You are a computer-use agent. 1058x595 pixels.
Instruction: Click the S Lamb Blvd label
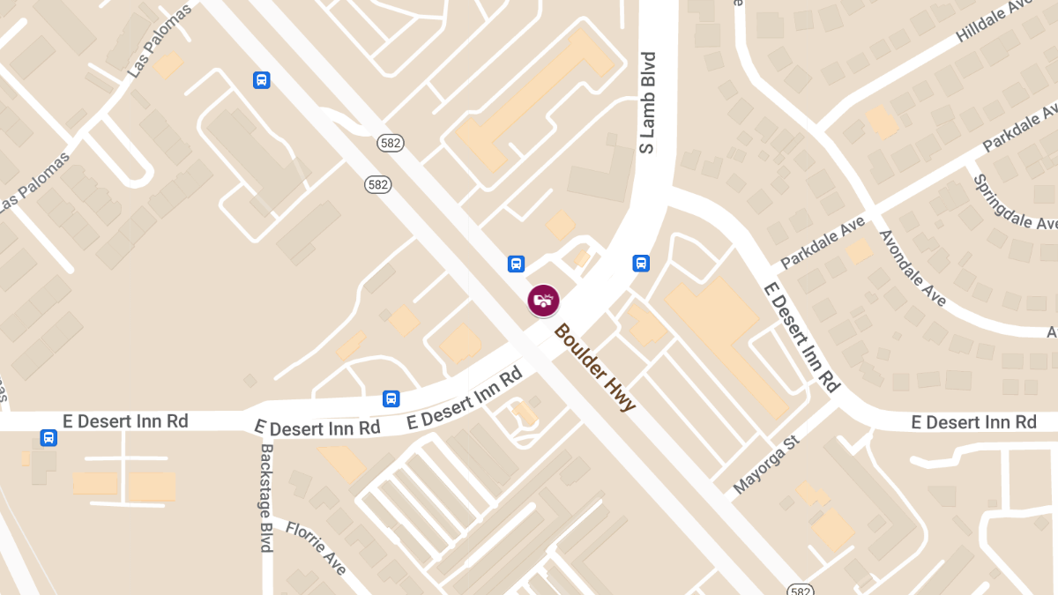[648, 103]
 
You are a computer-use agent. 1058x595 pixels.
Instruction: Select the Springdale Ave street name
[1014, 202]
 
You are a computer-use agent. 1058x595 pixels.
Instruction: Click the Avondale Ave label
[913, 269]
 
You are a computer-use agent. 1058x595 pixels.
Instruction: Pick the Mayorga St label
[765, 464]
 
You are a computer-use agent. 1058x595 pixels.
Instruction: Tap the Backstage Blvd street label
[266, 497]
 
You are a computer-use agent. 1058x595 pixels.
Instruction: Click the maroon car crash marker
[543, 301]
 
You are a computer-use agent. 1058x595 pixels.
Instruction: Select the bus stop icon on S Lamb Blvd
[641, 263]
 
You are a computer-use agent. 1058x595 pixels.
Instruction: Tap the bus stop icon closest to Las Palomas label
[261, 80]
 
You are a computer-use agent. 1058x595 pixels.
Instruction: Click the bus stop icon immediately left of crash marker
[516, 264]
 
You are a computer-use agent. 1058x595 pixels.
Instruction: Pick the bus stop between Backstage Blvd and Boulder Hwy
[391, 398]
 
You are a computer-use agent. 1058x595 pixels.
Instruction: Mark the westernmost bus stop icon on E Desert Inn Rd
[49, 437]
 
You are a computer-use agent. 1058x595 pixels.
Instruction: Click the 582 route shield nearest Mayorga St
[800, 589]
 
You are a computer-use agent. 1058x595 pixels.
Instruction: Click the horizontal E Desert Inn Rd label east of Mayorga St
[973, 422]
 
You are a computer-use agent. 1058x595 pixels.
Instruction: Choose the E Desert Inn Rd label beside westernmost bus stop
[125, 421]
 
